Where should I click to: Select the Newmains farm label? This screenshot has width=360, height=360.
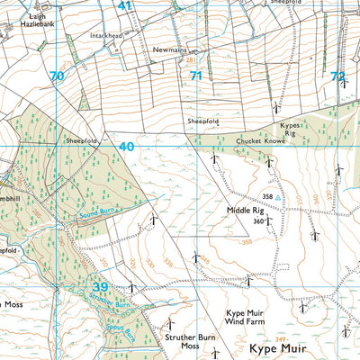tap(167, 49)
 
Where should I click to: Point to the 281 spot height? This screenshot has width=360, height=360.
tap(191, 60)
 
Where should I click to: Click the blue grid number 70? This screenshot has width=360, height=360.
tap(57, 76)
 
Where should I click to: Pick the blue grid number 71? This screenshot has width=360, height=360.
tap(195, 76)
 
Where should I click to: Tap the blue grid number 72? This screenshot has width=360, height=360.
tap(337, 76)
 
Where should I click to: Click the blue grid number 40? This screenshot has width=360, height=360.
tap(125, 146)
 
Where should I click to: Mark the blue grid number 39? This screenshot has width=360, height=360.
tap(102, 286)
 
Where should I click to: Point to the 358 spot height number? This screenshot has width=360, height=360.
tap(267, 195)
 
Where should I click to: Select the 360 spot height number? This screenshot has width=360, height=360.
tap(258, 220)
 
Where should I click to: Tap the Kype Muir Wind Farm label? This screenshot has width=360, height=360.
tap(243, 320)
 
